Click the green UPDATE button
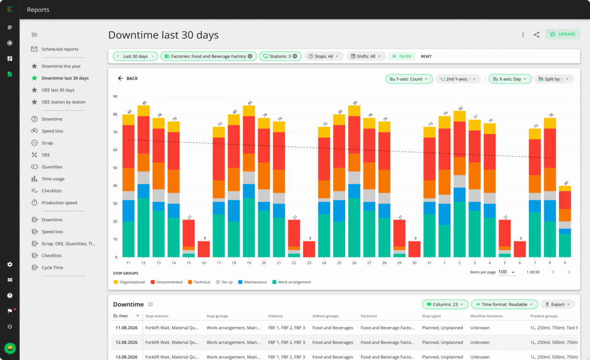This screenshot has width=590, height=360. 562,34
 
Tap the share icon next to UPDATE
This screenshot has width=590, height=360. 536,34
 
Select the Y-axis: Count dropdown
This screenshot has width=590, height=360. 409,79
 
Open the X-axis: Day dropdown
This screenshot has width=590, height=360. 510,79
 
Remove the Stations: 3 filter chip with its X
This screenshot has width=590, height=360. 295,56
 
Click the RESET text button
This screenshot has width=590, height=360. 426,57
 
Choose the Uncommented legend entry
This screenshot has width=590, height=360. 167,282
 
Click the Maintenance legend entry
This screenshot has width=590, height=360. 252,282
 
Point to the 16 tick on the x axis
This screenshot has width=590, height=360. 204,263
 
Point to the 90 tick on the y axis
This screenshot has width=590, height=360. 115,96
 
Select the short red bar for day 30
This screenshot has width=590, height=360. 414,249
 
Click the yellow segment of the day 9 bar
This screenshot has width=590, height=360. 565,188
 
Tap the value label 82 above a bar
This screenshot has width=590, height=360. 460,108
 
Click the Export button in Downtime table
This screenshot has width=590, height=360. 558,304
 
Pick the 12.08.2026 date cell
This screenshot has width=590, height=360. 126,342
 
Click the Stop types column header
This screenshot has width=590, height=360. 431,316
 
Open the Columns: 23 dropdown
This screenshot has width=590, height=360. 445,304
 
